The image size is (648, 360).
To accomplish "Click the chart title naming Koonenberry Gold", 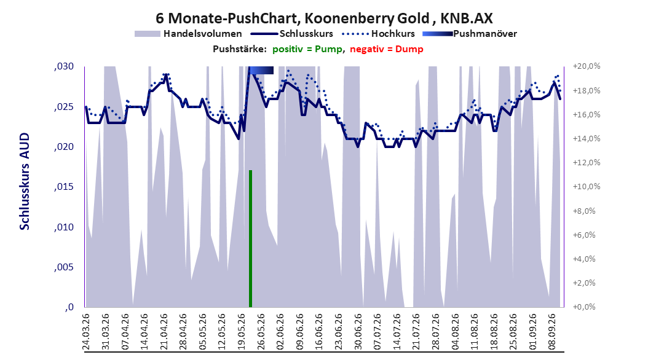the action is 324,18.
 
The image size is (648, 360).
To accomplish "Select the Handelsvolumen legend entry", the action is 188,34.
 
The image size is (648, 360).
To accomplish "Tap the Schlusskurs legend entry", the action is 292,34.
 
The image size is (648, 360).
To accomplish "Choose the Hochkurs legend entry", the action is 379,34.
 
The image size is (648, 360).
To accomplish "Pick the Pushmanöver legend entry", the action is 470,34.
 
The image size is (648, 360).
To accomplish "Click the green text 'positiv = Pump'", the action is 307,49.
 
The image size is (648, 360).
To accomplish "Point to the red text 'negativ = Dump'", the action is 387,49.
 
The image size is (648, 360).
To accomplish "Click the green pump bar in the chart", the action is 250,238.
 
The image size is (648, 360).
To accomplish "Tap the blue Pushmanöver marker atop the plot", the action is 261,70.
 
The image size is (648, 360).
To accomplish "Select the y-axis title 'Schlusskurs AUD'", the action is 25,181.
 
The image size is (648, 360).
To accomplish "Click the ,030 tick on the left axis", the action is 64,66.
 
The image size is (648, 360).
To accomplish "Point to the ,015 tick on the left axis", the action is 64,187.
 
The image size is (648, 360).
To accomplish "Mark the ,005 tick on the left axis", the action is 64,267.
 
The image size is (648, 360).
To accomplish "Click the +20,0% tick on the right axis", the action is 587,66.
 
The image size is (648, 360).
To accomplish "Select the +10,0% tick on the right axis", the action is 587,186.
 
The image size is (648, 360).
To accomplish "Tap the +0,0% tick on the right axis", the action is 584,307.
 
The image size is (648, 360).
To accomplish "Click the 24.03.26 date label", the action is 86,332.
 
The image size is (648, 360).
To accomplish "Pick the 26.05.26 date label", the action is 261,332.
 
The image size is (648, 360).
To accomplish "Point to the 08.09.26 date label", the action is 551,332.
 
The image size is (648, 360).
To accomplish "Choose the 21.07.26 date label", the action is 416,332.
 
